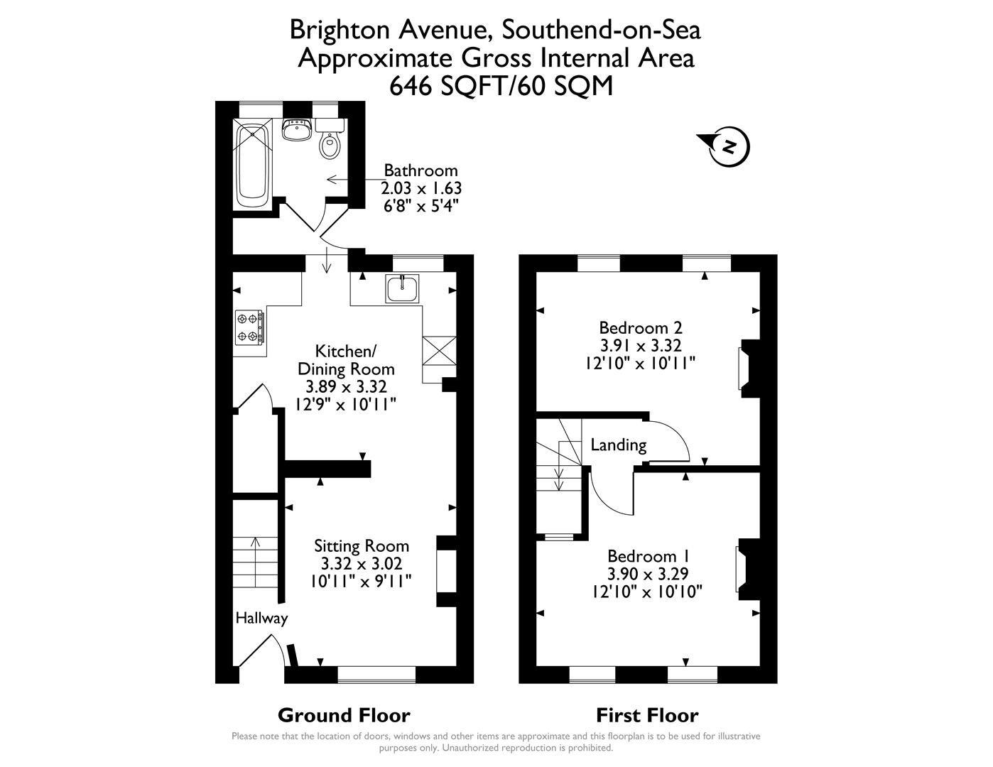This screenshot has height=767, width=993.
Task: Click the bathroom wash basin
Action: [297, 130]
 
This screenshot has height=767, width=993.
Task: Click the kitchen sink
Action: [403, 288]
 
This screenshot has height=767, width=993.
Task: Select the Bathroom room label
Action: [420, 170]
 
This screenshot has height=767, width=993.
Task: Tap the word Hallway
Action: [261, 619]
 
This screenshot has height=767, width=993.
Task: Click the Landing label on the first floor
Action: [619, 445]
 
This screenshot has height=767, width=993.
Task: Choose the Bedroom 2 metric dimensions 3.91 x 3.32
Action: [641, 346]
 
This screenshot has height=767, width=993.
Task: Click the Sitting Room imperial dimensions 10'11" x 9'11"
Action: [362, 581]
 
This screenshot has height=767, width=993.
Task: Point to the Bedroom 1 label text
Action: [648, 555]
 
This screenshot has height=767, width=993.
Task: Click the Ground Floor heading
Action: [344, 715]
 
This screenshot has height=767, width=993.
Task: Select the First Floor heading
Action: [647, 715]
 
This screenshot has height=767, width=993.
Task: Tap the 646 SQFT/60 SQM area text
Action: [501, 85]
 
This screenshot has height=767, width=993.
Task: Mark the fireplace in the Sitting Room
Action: [445, 571]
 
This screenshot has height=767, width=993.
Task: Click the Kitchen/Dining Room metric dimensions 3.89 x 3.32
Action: [346, 387]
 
